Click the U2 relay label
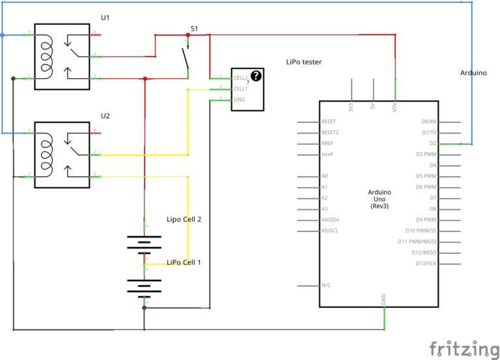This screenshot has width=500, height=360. pos(105,116)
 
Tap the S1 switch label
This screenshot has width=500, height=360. pos(194,29)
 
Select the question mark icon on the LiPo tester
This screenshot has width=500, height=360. pos(256,76)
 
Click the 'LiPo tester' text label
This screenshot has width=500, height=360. pos(304,62)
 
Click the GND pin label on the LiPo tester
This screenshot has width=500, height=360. pos(239,100)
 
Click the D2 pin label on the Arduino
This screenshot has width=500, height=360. pos(432,143)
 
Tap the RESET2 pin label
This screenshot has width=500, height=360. pos(330,132)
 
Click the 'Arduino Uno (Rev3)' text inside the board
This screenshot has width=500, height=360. pos(380,199)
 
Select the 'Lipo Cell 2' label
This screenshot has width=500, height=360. pos(184,219)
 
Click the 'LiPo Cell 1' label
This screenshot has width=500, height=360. pos(184,262)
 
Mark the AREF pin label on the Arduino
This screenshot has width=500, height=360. pos(328,143)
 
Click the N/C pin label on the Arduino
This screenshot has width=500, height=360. pos(327,285)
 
